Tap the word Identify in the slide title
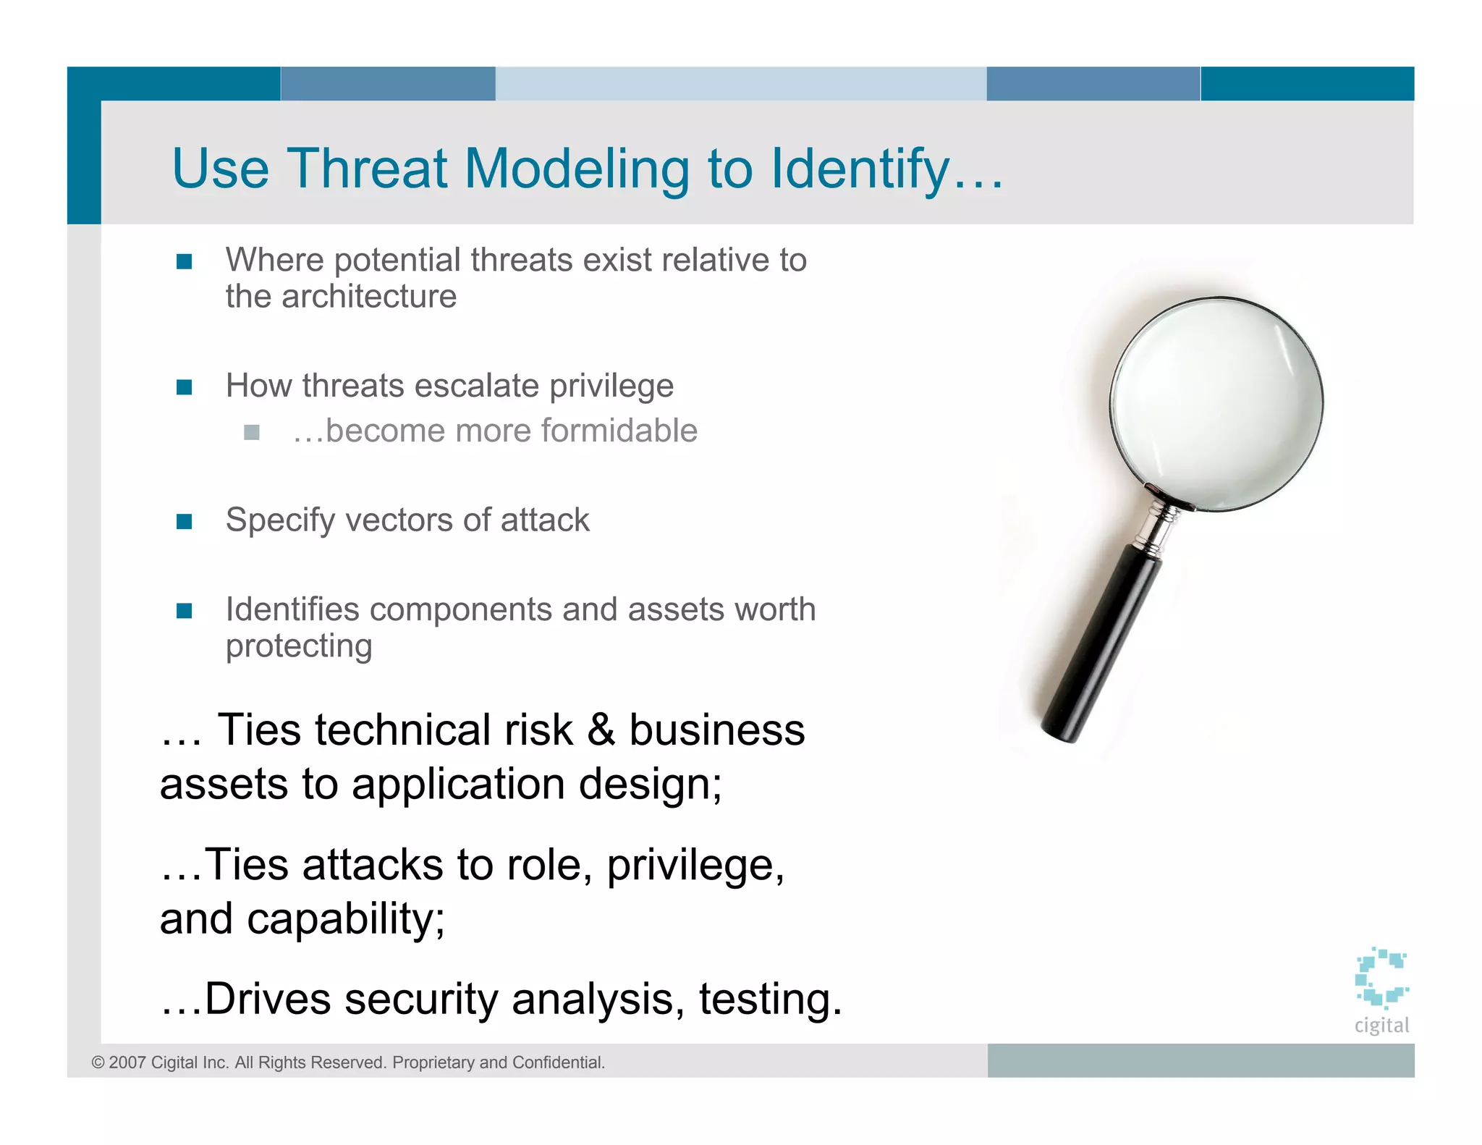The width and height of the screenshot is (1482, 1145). (x=860, y=169)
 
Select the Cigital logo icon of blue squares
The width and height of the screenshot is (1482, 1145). (x=1381, y=978)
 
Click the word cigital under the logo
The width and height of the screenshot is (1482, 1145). (x=1381, y=1025)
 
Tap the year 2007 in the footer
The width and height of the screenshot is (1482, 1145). (x=127, y=1062)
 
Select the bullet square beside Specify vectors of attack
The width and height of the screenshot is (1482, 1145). (x=185, y=521)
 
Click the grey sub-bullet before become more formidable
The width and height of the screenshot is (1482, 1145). (x=252, y=432)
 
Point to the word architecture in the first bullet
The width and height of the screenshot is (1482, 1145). (x=369, y=297)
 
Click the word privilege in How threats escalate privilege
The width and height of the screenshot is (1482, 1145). (x=611, y=386)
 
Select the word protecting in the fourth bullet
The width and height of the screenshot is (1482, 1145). (x=299, y=646)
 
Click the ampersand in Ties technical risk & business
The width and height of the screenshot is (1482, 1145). (x=601, y=730)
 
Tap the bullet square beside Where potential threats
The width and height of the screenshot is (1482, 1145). (x=185, y=261)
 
